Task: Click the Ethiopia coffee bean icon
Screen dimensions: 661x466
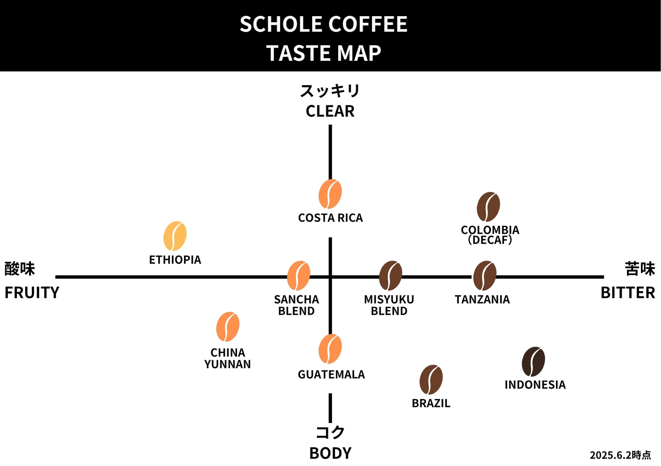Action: pos(175,236)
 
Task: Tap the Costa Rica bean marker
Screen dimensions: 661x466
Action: pos(330,194)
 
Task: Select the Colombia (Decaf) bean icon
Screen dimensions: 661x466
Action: pos(488,207)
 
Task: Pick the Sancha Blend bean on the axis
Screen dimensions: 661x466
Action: pos(298,275)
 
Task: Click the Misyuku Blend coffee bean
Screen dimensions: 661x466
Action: pos(390,275)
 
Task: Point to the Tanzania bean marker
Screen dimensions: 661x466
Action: pos(485,275)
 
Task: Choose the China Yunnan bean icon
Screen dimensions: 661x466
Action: pos(228,326)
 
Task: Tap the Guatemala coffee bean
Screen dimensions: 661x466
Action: pos(330,349)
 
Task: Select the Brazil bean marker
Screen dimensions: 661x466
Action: pos(431,380)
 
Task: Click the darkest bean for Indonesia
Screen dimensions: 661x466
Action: pos(533,361)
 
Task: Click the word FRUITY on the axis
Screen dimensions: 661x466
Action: pos(32,293)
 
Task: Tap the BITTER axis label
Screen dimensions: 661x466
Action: pos(628,293)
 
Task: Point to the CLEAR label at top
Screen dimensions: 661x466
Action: pos(330,111)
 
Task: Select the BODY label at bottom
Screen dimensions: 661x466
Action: pos(330,453)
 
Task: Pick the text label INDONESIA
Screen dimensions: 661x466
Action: pos(535,385)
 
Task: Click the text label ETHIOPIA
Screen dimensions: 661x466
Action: pos(175,260)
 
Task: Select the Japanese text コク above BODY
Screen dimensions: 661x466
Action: pos(330,432)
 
